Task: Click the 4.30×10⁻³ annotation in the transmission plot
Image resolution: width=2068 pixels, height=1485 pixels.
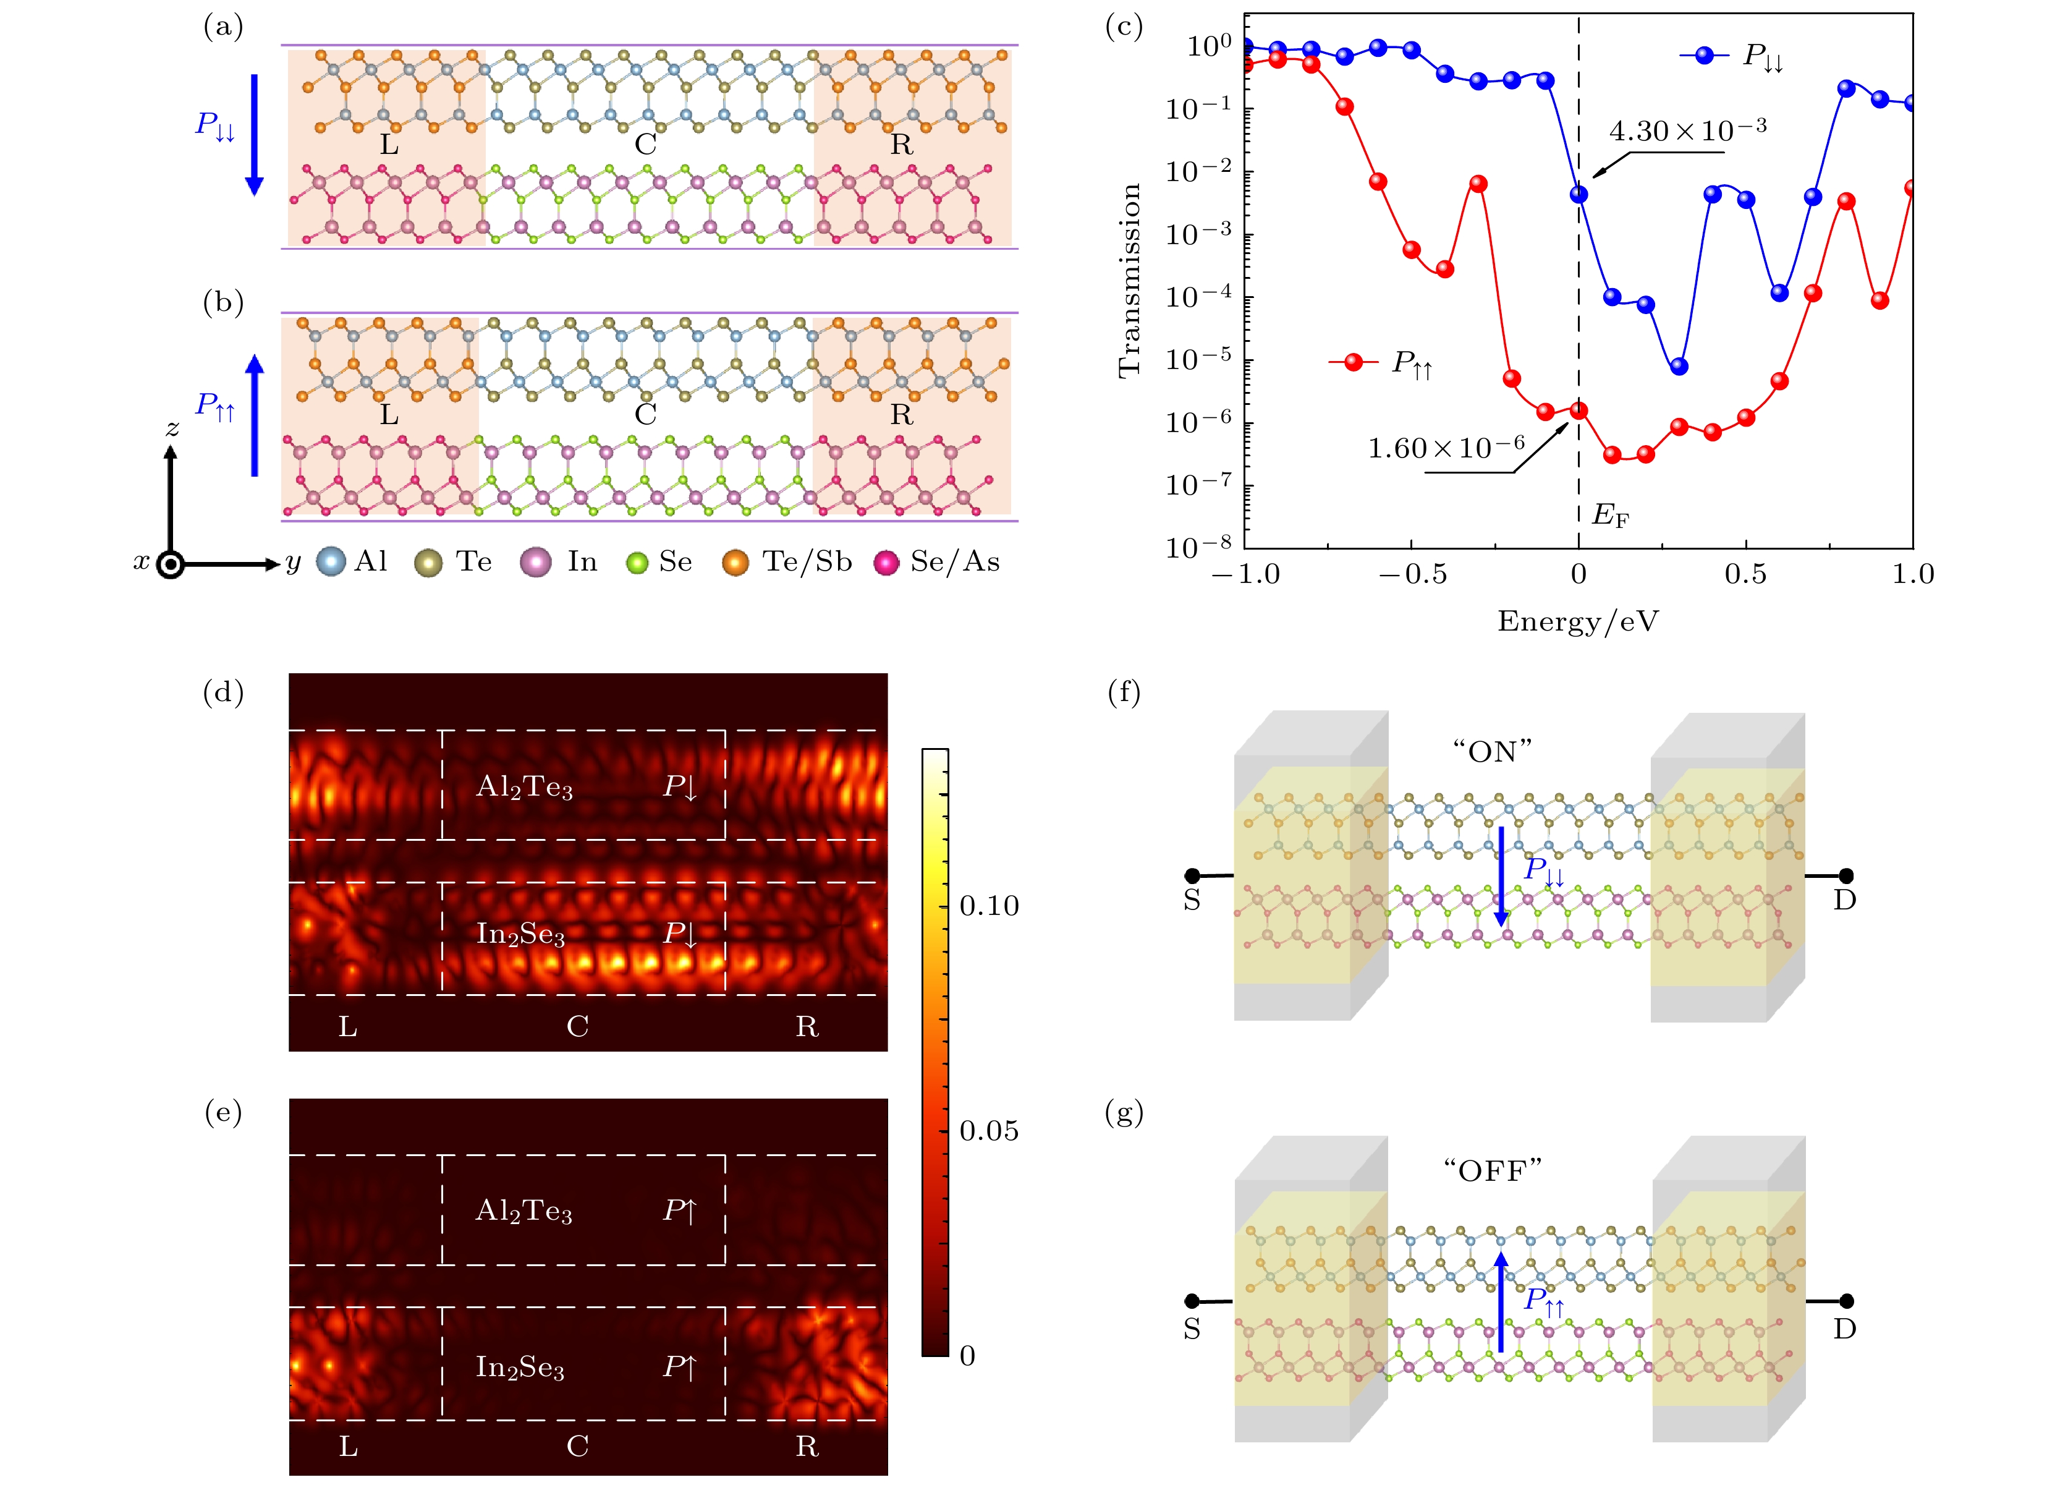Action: [x=1686, y=131]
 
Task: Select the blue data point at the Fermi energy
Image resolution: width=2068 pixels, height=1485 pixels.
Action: [x=1579, y=194]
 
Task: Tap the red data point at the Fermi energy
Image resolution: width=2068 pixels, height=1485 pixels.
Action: [x=1579, y=411]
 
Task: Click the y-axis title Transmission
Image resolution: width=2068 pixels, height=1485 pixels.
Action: [x=1130, y=280]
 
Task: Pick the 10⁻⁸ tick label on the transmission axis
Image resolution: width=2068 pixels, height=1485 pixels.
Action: [x=1198, y=547]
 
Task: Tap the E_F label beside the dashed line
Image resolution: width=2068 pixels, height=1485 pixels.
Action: [x=1609, y=516]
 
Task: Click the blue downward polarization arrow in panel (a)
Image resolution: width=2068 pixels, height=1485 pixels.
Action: [x=255, y=135]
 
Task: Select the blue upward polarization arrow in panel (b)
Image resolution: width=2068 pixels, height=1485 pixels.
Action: [x=255, y=415]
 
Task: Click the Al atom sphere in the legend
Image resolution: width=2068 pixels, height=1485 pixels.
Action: [x=331, y=562]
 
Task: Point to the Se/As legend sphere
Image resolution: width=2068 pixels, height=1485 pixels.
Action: [x=886, y=563]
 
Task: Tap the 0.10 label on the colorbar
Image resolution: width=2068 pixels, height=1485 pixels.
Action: [x=988, y=906]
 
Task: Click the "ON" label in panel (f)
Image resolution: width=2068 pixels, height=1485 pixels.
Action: [x=1492, y=752]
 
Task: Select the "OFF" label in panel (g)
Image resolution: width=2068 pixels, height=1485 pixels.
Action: [x=1492, y=1170]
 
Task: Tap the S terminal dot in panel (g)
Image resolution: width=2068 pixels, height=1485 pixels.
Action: [x=1192, y=1301]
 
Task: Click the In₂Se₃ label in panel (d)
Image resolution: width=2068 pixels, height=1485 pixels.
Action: [x=520, y=934]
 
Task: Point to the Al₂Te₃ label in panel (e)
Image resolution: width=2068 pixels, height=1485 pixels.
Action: [x=523, y=1211]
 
